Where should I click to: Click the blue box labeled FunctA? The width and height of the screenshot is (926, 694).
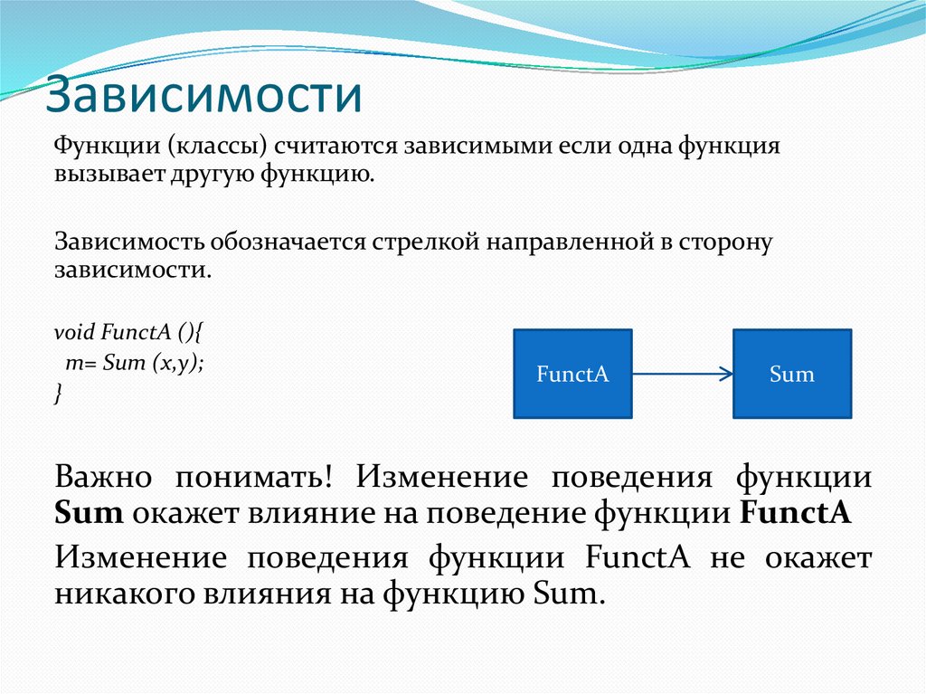[572, 374]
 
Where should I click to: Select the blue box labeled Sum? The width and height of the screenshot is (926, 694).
[791, 374]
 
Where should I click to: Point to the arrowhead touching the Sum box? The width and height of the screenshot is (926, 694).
[724, 374]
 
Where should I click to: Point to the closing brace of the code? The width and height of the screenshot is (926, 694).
[59, 393]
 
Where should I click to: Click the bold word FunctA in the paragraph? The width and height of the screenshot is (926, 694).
[796, 514]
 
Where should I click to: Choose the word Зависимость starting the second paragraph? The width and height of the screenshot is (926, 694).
[130, 242]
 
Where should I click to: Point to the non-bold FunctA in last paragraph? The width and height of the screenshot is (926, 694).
[638, 556]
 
